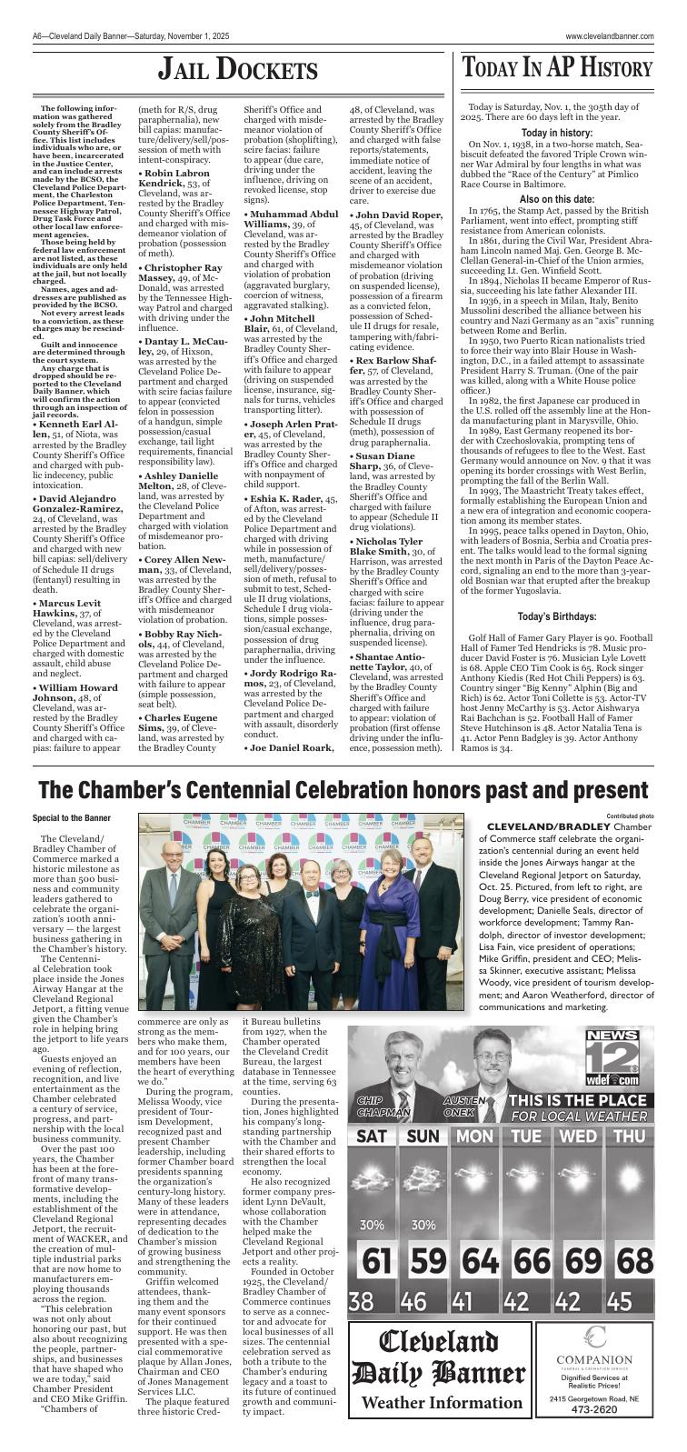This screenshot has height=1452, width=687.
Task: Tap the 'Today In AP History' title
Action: (x=557, y=68)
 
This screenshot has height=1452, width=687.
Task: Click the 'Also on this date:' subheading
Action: (x=557, y=199)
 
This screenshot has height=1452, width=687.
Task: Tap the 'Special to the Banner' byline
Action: (x=71, y=818)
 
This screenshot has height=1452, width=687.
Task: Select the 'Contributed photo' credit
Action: (x=630, y=816)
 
